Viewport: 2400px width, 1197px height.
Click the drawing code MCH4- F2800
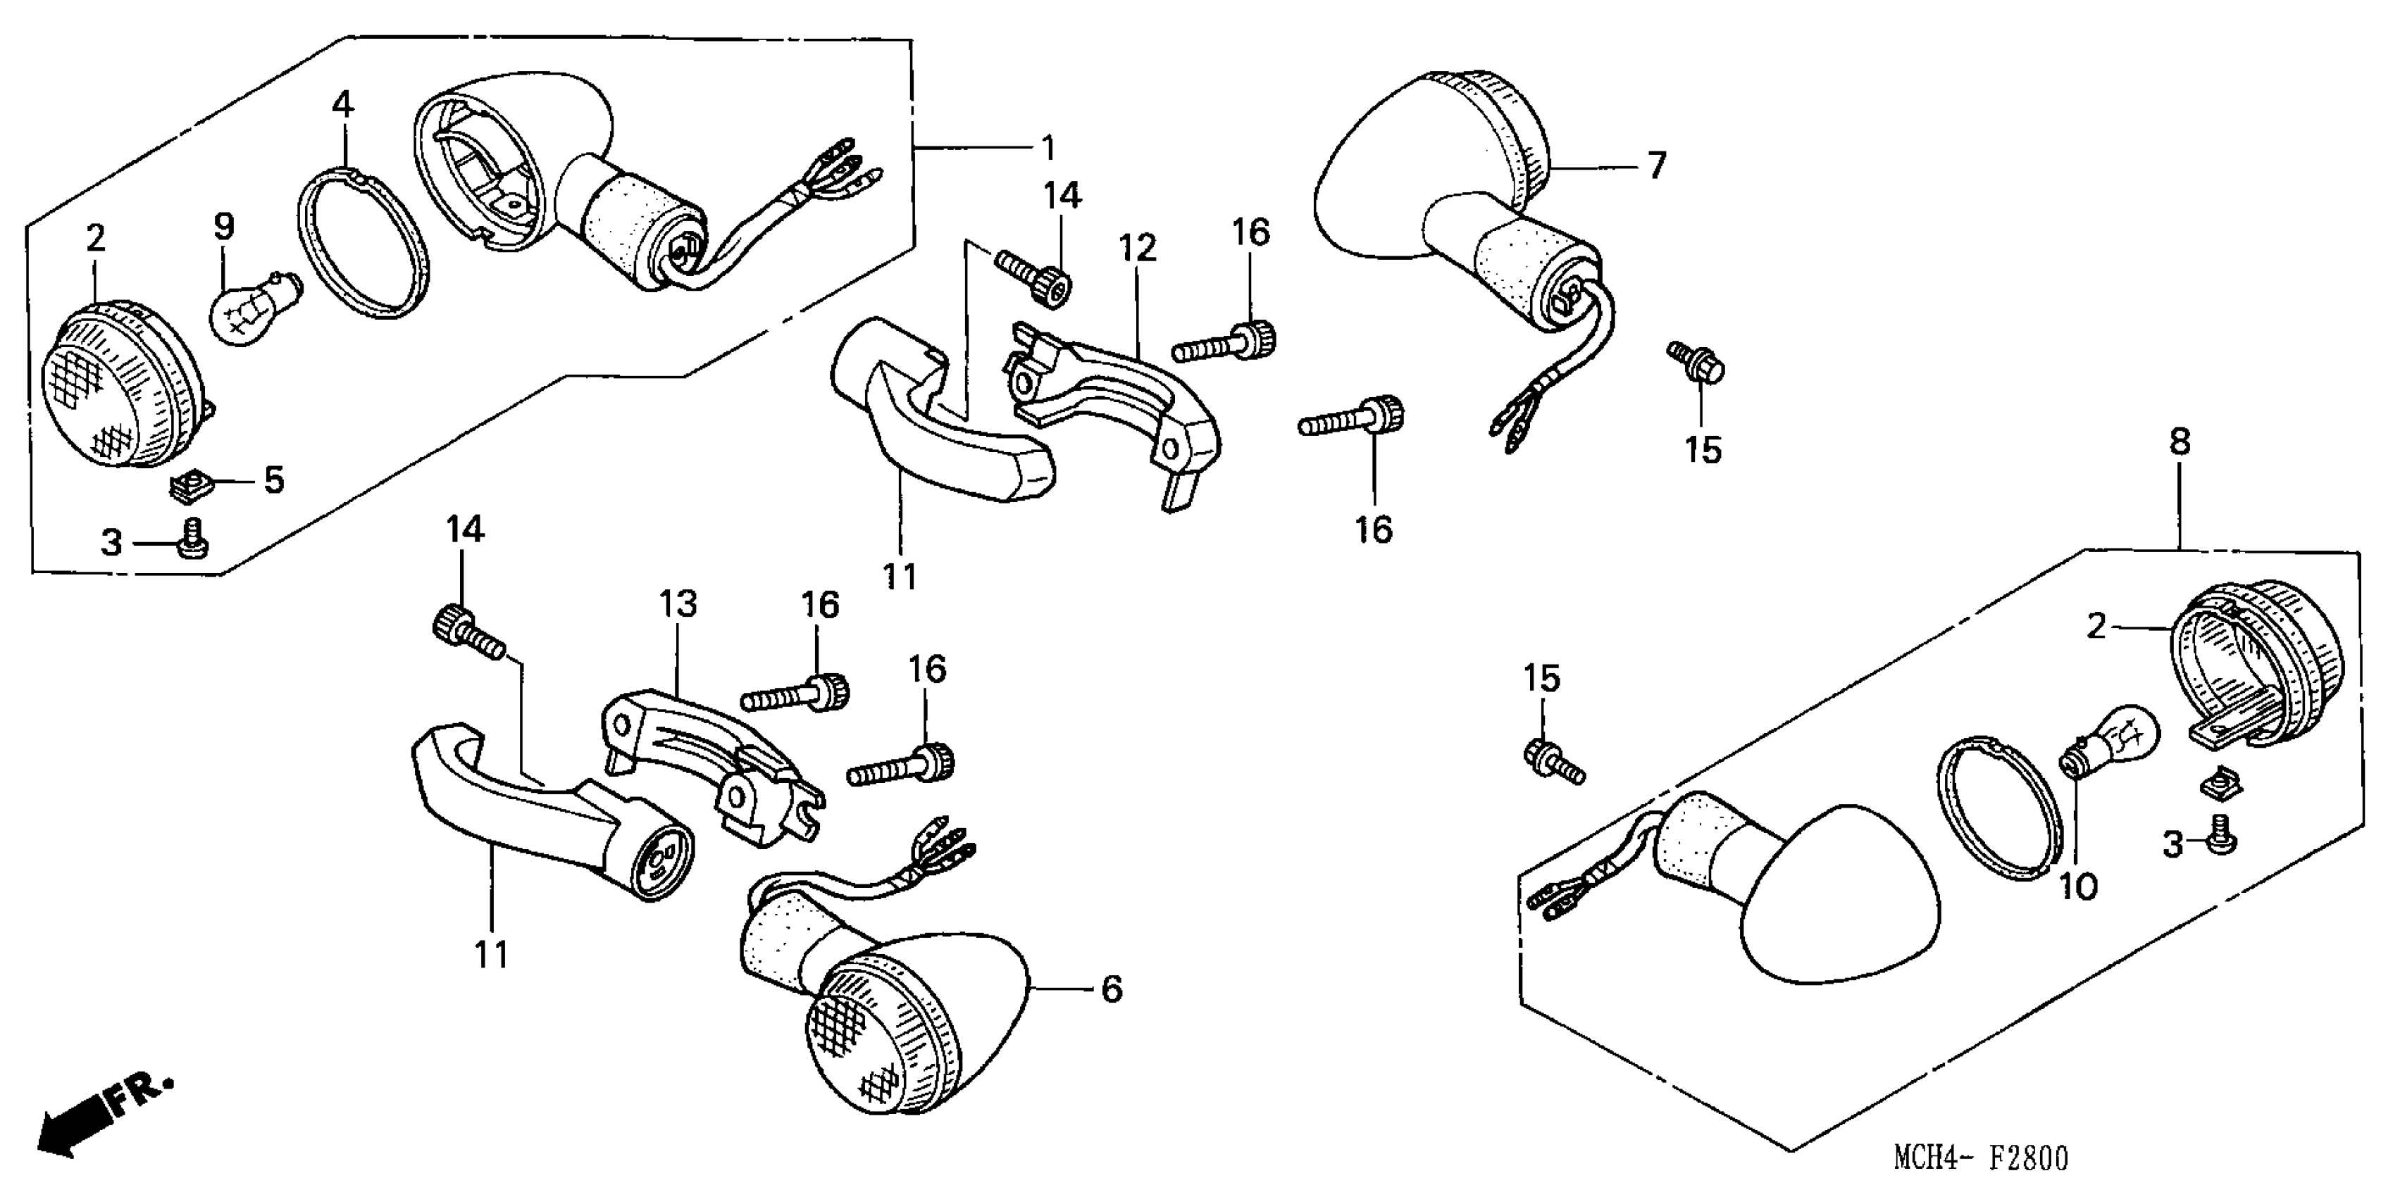1980,1158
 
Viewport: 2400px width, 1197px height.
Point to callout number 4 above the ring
343,104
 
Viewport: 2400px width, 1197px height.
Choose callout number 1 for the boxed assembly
1047,147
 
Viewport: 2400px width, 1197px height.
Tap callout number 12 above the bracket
1138,248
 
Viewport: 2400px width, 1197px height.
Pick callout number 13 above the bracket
678,605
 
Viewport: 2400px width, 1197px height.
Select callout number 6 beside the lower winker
1112,989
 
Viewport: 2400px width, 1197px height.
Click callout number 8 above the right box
2180,441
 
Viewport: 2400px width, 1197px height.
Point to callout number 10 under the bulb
2077,886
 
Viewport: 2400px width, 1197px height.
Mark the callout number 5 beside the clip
273,481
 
